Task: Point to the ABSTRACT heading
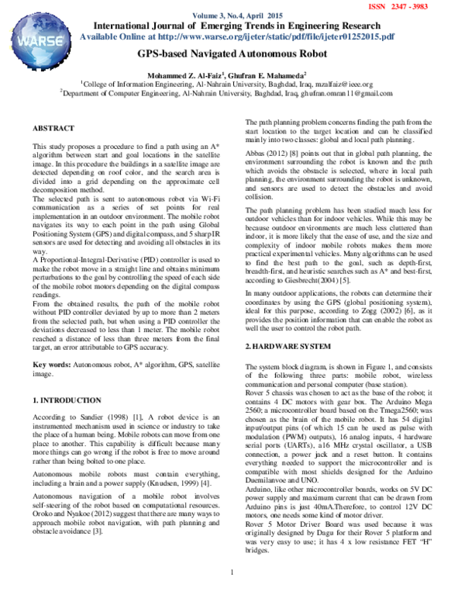53,126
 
